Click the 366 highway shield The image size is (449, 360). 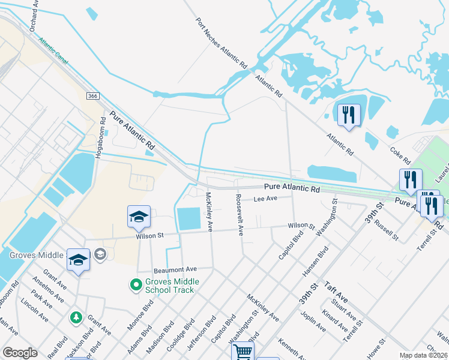click(x=92, y=96)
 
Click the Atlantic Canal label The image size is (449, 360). click(x=53, y=51)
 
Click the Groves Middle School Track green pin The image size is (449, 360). click(x=136, y=284)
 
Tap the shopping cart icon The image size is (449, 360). click(x=243, y=352)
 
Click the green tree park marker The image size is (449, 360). click(x=76, y=316)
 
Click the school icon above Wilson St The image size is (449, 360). click(x=139, y=217)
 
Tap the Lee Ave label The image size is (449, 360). click(x=265, y=199)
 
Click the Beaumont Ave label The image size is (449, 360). click(x=175, y=269)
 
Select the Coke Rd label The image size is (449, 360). click(x=400, y=156)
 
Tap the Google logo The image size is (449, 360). click(x=20, y=353)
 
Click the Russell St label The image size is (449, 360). click(x=386, y=230)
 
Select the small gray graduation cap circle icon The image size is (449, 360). click(x=100, y=255)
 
